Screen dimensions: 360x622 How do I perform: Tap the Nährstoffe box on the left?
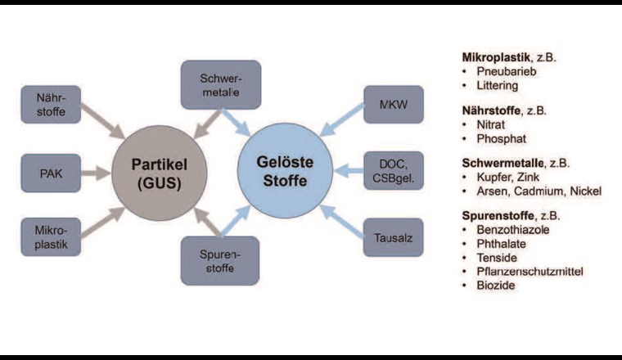click(51, 106)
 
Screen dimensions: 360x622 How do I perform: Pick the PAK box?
click(51, 173)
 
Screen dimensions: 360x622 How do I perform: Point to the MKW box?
click(393, 105)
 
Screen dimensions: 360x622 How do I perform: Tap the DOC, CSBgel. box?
click(393, 173)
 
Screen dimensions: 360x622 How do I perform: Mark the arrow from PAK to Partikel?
click(94, 173)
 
